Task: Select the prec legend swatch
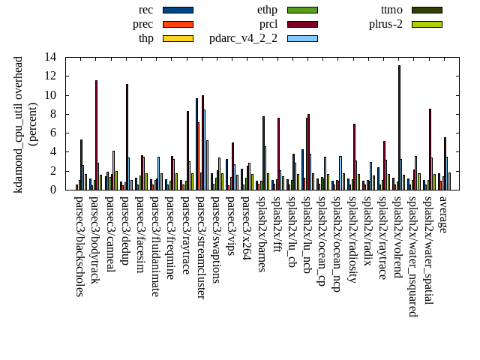[x=178, y=24]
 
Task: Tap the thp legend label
[x=146, y=38]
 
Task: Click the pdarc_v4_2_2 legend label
[x=243, y=38]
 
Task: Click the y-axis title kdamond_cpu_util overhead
[x=19, y=124]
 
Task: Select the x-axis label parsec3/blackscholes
[x=79, y=245]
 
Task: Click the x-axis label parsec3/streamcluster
[x=201, y=247]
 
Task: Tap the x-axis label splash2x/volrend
[x=398, y=238]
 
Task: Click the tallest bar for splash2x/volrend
[x=399, y=127]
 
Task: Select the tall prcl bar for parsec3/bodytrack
[x=96, y=135]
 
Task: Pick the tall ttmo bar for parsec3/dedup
[x=127, y=136]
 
